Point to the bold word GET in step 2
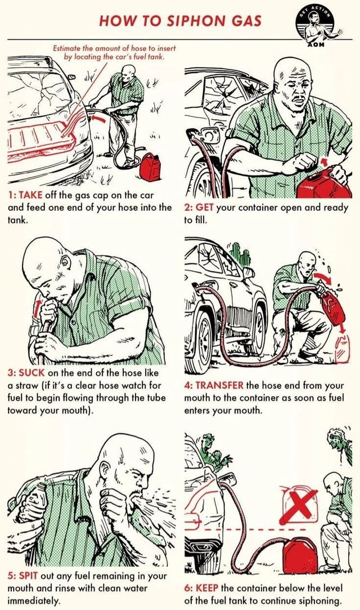(x=205, y=207)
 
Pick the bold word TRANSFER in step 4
(x=220, y=386)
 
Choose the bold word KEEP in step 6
(x=207, y=588)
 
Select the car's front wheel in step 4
(x=204, y=331)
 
